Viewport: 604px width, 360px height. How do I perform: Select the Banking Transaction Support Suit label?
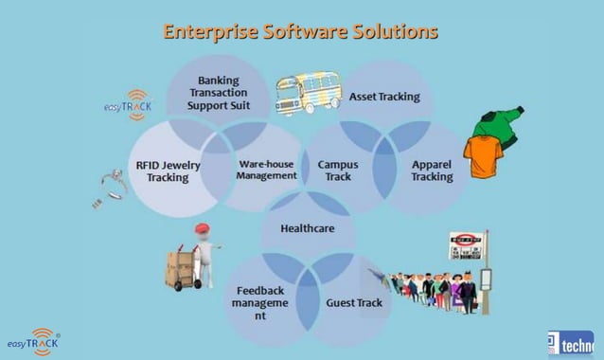click(218, 93)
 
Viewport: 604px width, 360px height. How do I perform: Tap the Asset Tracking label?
click(384, 97)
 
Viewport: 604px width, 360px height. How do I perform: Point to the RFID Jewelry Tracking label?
click(168, 171)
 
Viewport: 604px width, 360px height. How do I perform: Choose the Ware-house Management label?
click(266, 170)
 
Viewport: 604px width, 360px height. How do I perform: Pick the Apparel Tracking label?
click(431, 171)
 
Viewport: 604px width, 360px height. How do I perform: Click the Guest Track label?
click(353, 303)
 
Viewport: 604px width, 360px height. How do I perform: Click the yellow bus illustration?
click(308, 95)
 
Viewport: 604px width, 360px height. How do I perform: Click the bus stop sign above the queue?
click(466, 241)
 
